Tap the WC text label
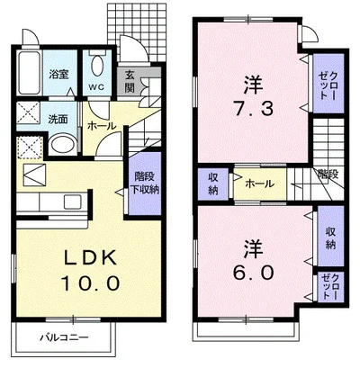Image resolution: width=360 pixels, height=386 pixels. click(96, 88)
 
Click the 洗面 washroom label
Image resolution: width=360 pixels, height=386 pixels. click(59, 118)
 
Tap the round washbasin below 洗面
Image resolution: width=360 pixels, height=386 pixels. click(62, 144)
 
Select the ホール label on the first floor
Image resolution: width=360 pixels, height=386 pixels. click(100, 127)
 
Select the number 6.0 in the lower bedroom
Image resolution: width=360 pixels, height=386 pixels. click(251, 269)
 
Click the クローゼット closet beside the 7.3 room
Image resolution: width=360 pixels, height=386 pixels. click(327, 79)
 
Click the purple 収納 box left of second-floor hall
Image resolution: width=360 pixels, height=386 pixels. click(212, 183)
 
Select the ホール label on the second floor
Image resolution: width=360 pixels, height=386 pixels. click(260, 184)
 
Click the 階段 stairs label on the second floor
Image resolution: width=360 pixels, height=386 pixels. click(327, 174)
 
